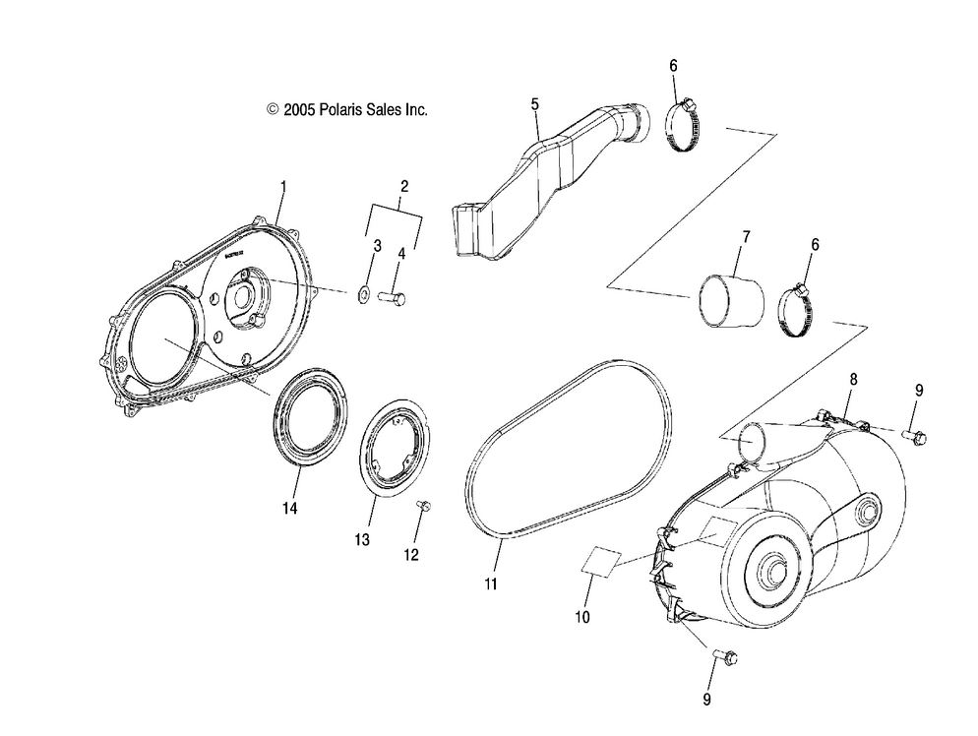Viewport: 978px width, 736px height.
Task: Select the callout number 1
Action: [x=283, y=185]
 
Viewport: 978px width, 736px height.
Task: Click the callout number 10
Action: [x=581, y=617]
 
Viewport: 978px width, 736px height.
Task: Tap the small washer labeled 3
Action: [x=365, y=292]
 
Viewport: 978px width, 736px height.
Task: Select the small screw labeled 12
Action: [x=425, y=506]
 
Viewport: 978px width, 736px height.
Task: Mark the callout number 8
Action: [x=853, y=379]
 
